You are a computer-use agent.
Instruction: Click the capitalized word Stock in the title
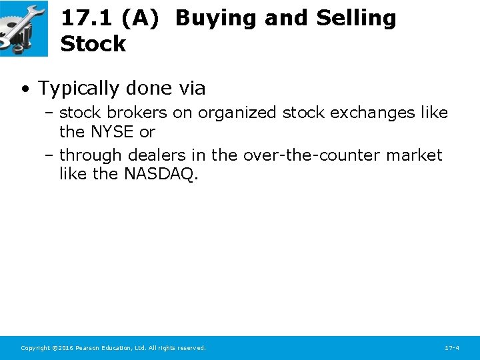tap(93, 44)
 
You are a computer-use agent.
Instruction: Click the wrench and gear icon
tap(23, 28)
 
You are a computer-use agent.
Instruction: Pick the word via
tap(191, 88)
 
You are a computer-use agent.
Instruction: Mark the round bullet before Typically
tap(25, 89)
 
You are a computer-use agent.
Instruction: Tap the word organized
tap(237, 113)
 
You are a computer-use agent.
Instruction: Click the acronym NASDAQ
tap(161, 174)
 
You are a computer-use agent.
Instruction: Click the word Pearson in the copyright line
tap(89, 348)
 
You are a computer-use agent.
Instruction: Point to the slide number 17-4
tap(451, 348)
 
